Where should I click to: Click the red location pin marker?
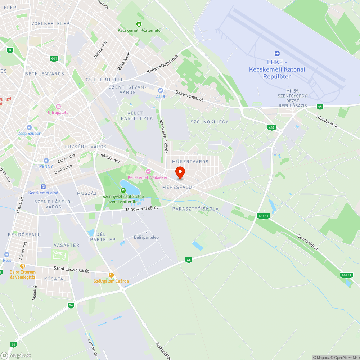point(180,172)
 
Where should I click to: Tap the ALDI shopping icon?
point(161,90)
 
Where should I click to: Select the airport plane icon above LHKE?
point(277,54)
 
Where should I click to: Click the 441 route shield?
point(54,59)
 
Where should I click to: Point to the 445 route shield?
point(272,127)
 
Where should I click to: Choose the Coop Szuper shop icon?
point(29,127)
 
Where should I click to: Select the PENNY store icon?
point(46,161)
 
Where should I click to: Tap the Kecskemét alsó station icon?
point(43,187)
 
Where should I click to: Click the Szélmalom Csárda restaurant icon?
point(111,275)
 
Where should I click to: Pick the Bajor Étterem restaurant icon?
point(22,266)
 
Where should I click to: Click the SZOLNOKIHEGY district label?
point(209,122)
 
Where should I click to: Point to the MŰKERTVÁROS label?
point(190,162)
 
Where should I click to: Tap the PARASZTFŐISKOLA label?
point(195,209)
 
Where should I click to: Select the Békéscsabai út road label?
point(189,95)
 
